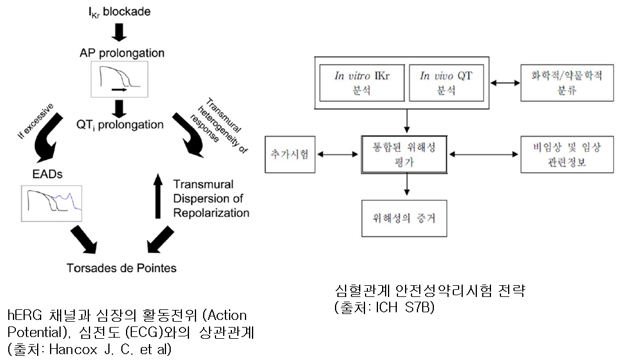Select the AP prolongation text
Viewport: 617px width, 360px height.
(x=121, y=53)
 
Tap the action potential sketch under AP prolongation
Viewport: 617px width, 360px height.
(x=120, y=80)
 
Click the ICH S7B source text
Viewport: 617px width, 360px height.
(x=383, y=307)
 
